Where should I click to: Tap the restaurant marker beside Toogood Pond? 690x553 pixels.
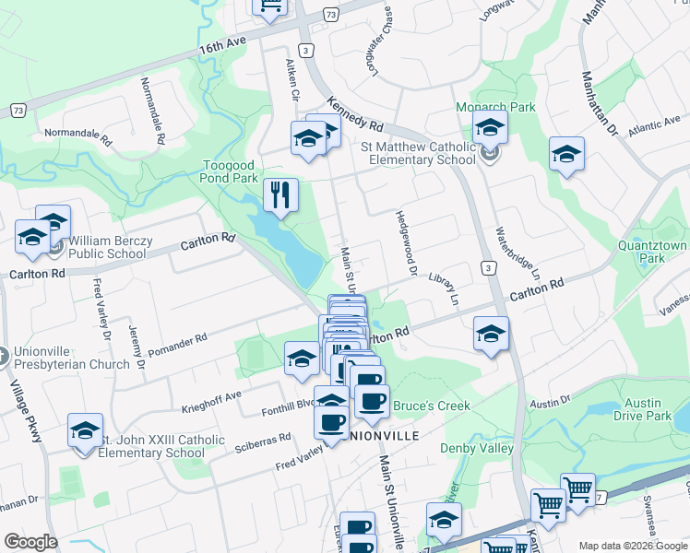(x=280, y=194)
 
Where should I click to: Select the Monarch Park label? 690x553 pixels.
(x=495, y=107)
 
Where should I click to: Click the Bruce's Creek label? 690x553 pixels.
(x=432, y=406)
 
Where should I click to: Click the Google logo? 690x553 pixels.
(x=31, y=541)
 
